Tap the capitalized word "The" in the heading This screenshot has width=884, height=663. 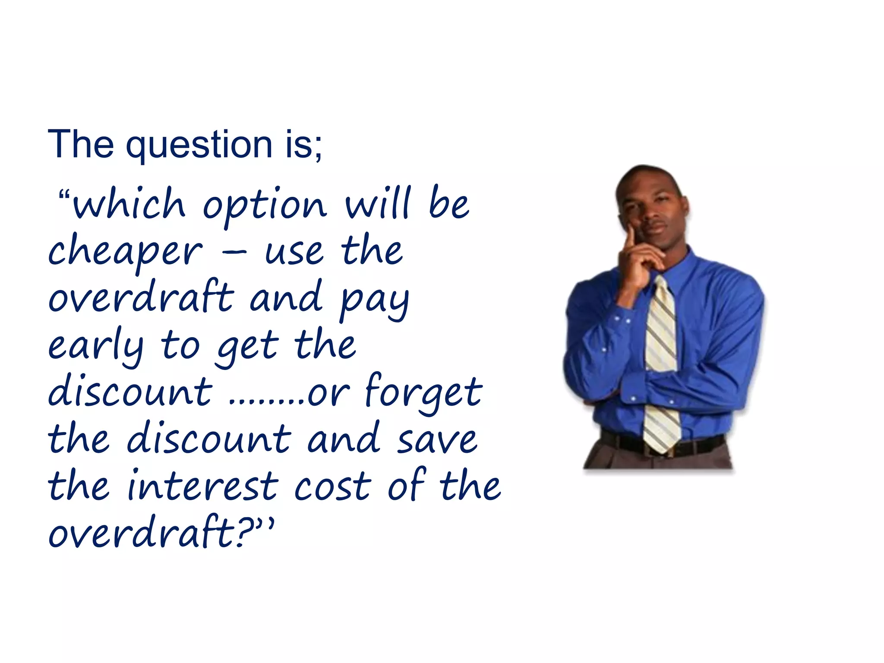81,144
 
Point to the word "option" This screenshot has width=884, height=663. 264,206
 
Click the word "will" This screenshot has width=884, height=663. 378,203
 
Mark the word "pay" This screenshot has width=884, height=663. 374,300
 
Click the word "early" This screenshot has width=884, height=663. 95,346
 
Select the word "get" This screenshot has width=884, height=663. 248,347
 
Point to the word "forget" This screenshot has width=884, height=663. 423,391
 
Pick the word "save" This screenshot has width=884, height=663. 437,440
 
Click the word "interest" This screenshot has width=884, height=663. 203,486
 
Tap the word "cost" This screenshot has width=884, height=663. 332,487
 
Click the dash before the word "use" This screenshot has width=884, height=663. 234,252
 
